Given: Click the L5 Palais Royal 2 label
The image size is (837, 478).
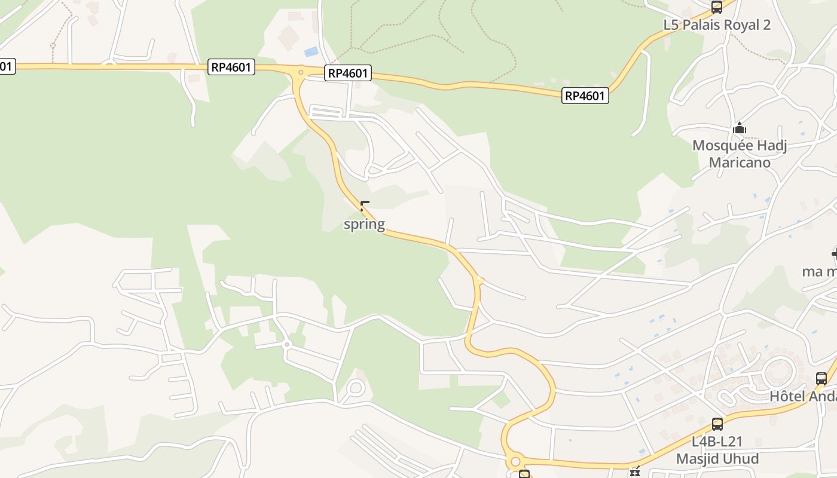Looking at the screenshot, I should tap(717, 25).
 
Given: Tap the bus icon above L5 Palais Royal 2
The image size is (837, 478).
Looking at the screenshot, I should tap(717, 7).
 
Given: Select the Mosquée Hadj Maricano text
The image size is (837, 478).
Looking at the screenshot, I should tap(740, 154).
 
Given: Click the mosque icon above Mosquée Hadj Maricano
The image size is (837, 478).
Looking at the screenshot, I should tap(740, 128).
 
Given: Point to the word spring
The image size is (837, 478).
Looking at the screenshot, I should tap(364, 225).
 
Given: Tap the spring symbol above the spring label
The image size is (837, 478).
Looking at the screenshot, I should tap(365, 207).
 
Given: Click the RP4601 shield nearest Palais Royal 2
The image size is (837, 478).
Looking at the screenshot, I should tap(585, 96).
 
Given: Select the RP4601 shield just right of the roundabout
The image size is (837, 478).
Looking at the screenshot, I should tap(348, 73).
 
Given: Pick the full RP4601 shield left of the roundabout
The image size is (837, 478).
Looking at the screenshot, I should tap(232, 67).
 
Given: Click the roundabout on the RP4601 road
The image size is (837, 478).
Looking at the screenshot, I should tap(300, 73).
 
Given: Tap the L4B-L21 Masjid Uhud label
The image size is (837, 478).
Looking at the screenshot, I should tap(717, 450).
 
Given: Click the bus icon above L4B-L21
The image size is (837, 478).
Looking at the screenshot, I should tap(717, 424).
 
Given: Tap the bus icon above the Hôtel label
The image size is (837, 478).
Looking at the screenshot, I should tap(821, 378).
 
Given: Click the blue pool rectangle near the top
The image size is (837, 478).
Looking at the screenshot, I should tap(311, 51).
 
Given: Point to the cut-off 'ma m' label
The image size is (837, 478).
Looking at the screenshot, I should tap(820, 271).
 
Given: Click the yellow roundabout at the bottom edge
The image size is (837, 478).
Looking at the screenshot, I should tap(514, 461).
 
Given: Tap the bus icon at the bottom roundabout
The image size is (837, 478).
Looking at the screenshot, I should tap(524, 474).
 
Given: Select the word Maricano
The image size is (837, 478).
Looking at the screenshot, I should tap(740, 163).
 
